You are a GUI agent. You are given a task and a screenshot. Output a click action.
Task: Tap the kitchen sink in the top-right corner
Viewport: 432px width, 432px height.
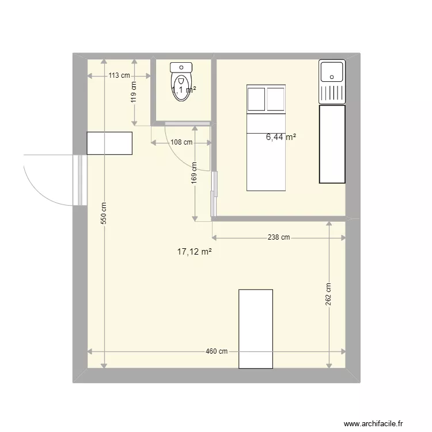pyautogui.click(x=332, y=82)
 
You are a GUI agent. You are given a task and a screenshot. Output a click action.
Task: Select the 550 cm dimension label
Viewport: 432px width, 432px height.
pyautogui.click(x=104, y=213)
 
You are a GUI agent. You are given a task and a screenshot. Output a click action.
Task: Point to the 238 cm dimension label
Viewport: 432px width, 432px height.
pyautogui.click(x=278, y=237)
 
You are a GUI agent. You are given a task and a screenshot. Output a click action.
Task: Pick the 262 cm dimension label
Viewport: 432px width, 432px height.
pyautogui.click(x=328, y=295)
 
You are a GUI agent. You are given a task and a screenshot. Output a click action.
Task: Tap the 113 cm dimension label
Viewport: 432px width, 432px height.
pyautogui.click(x=119, y=75)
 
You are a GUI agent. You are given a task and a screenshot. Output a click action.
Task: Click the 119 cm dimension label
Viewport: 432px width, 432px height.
pyautogui.click(x=134, y=92)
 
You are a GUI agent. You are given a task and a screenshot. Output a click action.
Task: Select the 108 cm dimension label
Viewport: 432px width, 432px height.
pyautogui.click(x=180, y=142)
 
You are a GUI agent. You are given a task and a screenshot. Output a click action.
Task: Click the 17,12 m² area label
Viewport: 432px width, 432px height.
pyautogui.click(x=195, y=251)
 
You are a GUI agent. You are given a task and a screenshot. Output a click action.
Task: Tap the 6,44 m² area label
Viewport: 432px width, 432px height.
pyautogui.click(x=281, y=137)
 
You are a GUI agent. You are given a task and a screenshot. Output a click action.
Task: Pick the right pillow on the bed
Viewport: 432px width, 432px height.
pyautogui.click(x=276, y=98)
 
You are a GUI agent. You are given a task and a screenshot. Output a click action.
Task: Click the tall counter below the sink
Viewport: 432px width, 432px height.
pyautogui.click(x=332, y=144)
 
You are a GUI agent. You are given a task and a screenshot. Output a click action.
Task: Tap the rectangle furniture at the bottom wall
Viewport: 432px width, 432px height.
pyautogui.click(x=255, y=328)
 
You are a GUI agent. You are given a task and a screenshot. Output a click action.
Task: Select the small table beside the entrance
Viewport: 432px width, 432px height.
pyautogui.click(x=109, y=143)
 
